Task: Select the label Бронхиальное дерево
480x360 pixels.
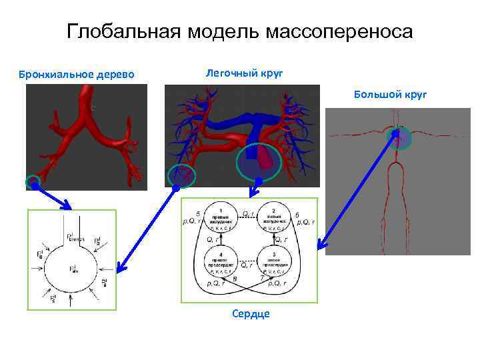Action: [x=76, y=73]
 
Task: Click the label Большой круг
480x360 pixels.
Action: [x=390, y=95]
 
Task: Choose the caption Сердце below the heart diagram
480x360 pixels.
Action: [x=251, y=313]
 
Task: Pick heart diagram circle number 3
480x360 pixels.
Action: [x=274, y=263]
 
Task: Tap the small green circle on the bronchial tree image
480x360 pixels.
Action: [x=32, y=181]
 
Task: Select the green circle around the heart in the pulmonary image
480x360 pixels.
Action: [x=257, y=162]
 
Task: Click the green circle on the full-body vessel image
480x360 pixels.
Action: [x=399, y=139]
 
